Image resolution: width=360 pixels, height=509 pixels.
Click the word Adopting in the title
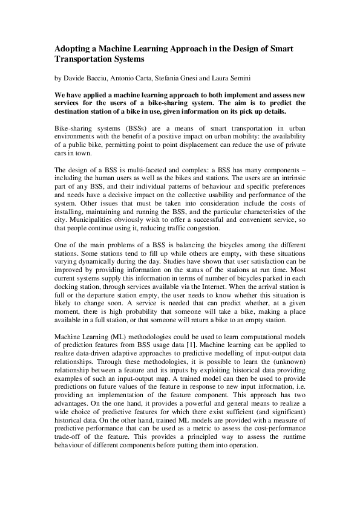74,49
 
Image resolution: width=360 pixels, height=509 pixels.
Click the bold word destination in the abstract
78,112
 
